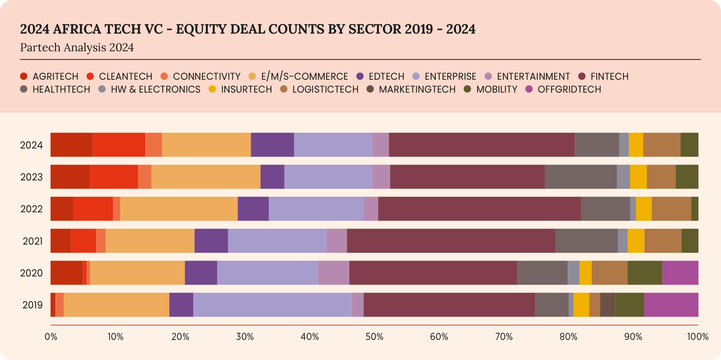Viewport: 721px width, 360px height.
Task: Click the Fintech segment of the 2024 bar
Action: click(482, 145)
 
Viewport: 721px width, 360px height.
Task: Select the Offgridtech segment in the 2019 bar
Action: click(671, 305)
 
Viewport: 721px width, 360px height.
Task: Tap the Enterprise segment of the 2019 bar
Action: click(272, 305)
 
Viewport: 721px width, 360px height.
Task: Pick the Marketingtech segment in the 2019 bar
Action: click(608, 305)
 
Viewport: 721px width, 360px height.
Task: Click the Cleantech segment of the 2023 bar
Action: click(114, 177)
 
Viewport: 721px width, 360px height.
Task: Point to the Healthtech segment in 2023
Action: click(581, 177)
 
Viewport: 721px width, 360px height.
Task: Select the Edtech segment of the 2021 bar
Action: click(211, 241)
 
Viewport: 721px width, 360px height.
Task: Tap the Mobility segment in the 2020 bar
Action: click(645, 273)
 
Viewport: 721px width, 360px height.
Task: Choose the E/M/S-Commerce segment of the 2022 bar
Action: click(179, 209)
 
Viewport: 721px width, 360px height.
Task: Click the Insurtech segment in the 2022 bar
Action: click(644, 209)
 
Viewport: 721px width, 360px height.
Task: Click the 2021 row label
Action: click(33, 241)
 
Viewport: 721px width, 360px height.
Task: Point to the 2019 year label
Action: click(33, 305)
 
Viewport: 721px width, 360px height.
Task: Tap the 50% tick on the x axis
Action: click(375, 337)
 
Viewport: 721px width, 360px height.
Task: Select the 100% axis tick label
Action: click(698, 337)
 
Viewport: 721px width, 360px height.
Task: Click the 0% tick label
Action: click(51, 337)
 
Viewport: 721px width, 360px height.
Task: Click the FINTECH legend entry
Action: click(609, 76)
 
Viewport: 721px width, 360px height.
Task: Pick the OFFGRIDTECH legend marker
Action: click(529, 89)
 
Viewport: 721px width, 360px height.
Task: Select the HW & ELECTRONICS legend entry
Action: click(155, 89)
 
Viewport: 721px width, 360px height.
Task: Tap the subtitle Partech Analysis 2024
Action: click(77, 48)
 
